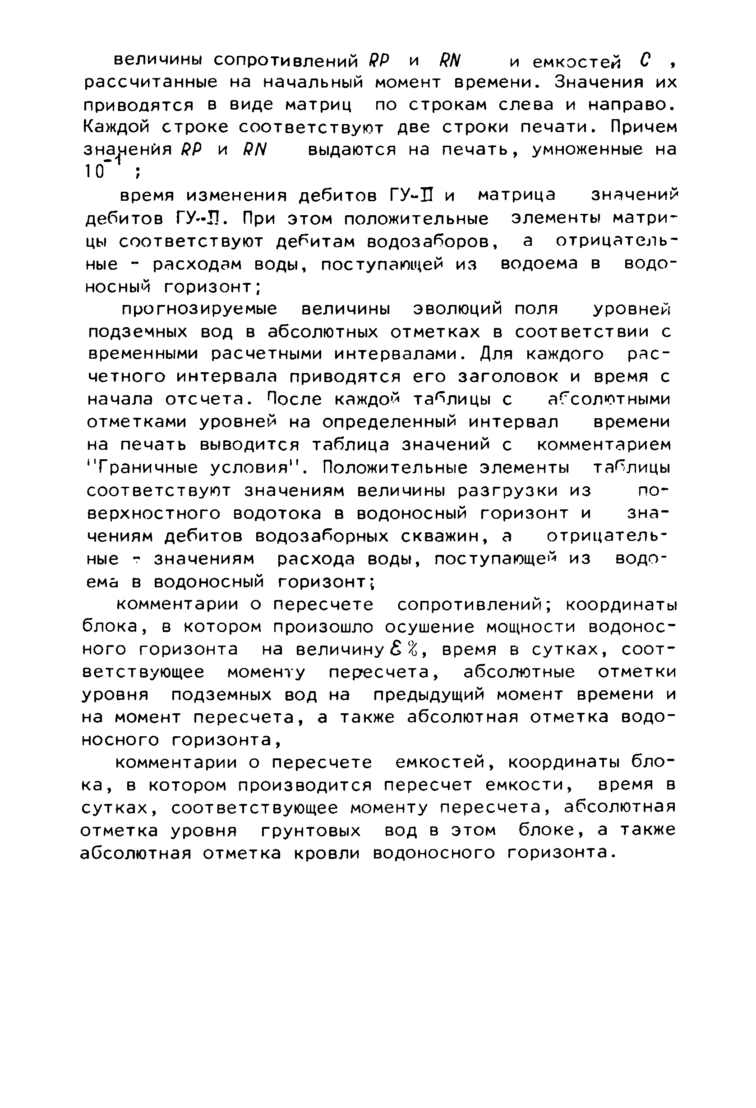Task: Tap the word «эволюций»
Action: click(457, 309)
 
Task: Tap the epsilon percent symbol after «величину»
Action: click(404, 649)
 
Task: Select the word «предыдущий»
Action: click(429, 695)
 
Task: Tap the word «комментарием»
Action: click(604, 445)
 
